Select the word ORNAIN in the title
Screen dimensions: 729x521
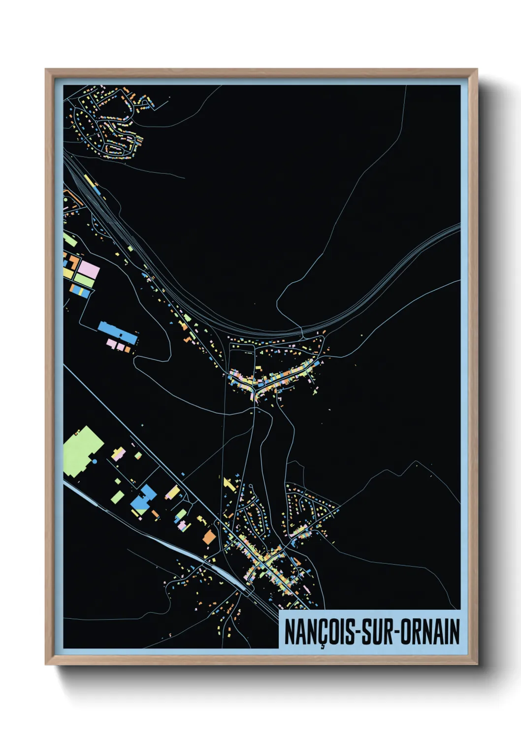coord(430,632)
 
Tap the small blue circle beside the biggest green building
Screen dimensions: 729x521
coord(94,462)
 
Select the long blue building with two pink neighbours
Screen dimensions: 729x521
coord(117,332)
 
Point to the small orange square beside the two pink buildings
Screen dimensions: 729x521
coord(128,349)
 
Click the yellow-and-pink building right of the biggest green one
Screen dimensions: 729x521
coord(118,453)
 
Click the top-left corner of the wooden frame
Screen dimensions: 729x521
coord(46,69)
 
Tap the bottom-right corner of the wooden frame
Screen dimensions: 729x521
coord(477,664)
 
